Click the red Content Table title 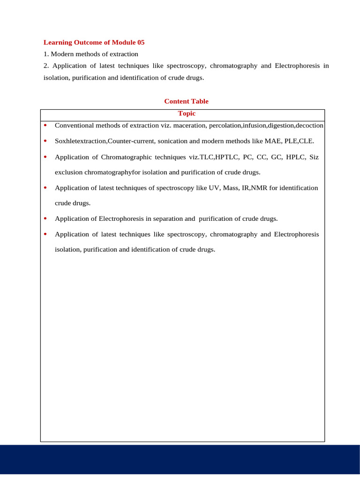click(186, 101)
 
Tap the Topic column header click(187, 113)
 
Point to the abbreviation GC click(277, 157)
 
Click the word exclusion click(68, 172)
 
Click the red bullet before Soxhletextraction click(45, 141)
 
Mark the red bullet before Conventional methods click(45, 126)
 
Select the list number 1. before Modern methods click(46, 54)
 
